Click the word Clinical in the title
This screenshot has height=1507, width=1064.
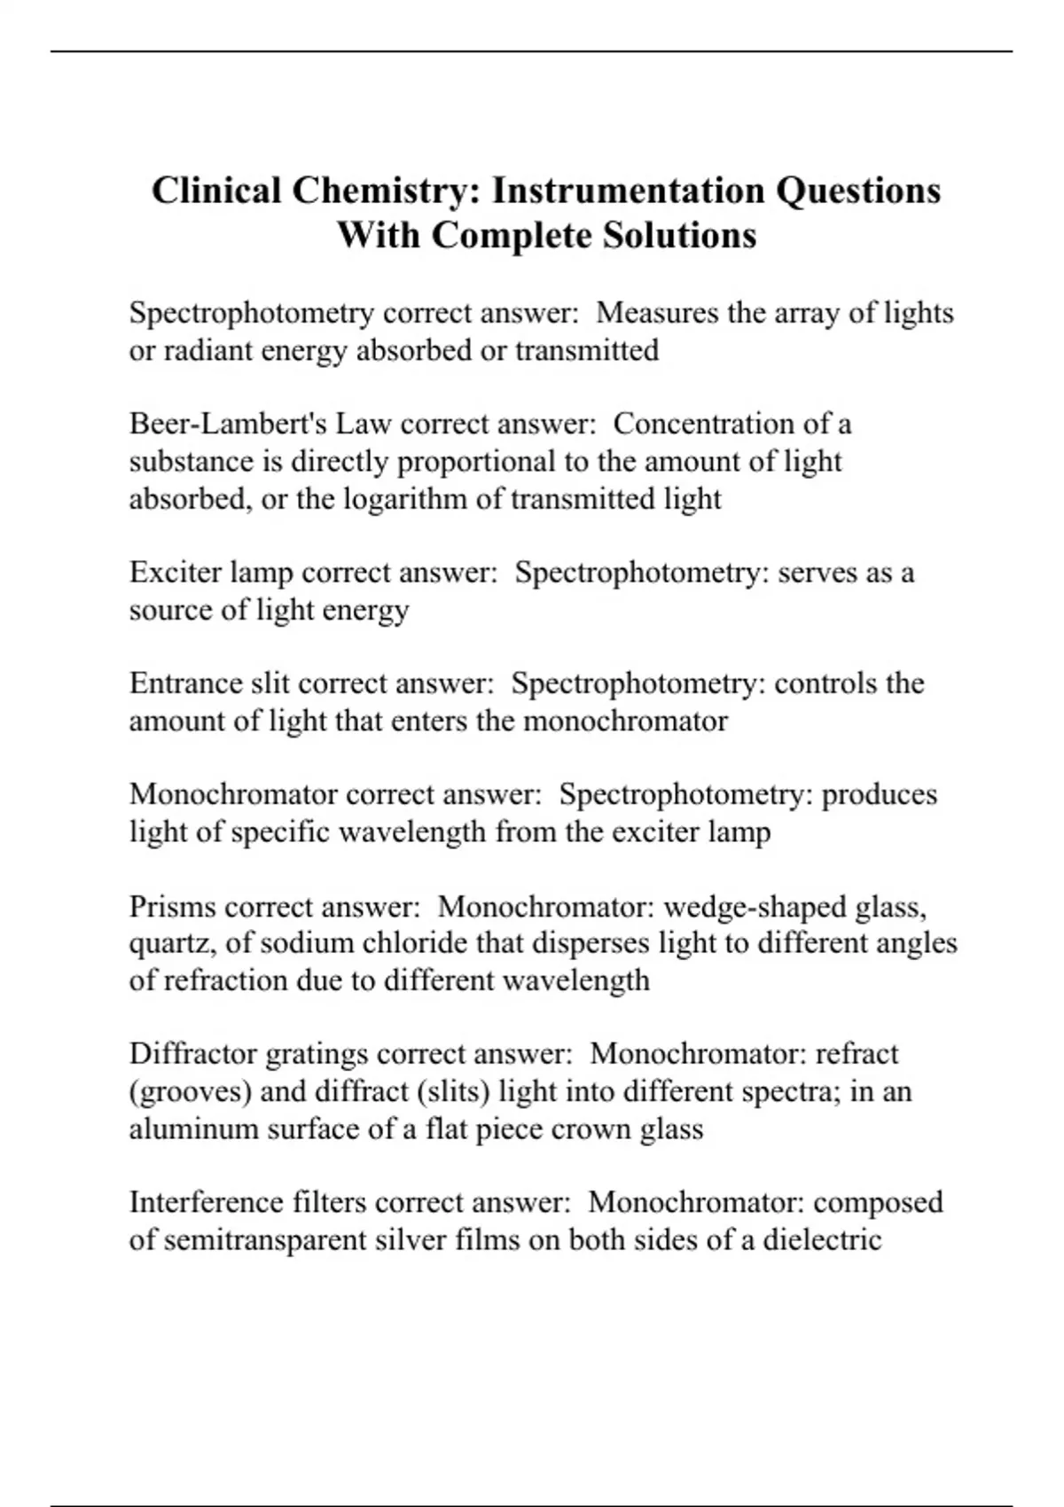(x=216, y=191)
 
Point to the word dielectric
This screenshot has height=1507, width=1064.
(x=823, y=1239)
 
